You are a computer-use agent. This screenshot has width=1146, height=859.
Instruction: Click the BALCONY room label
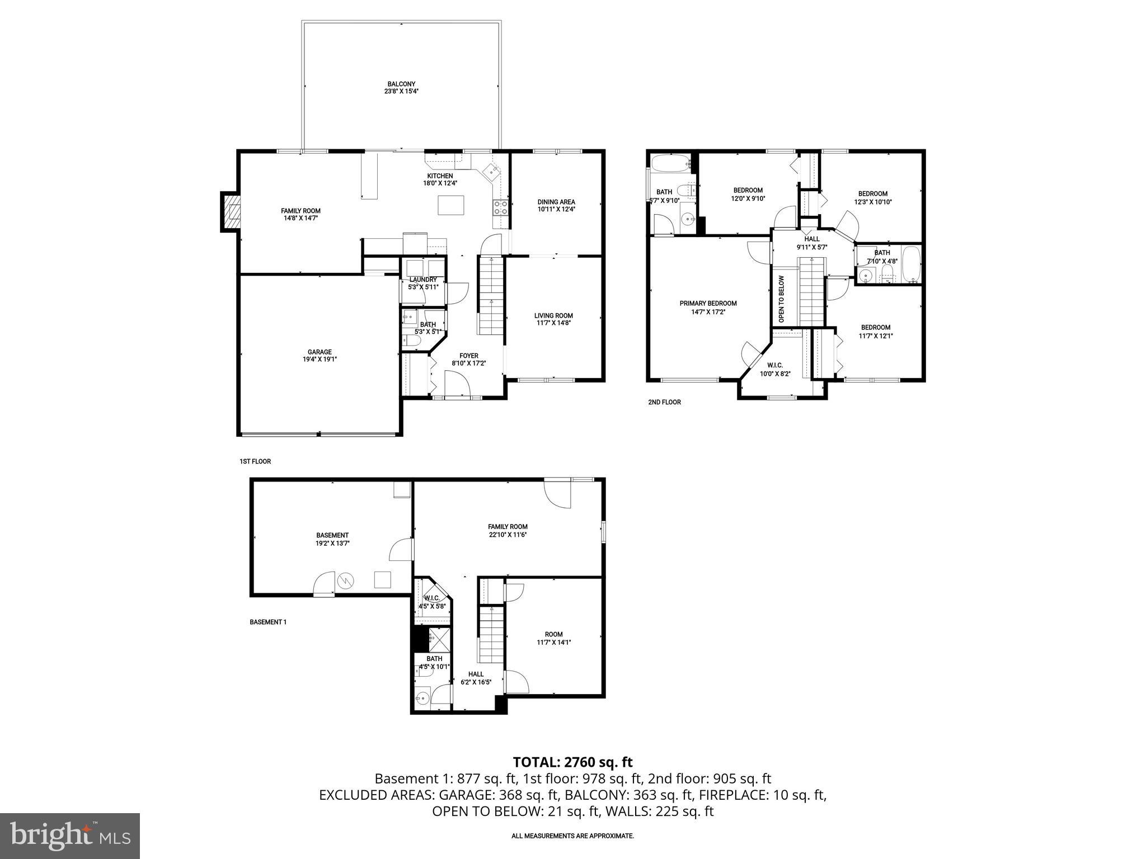(x=401, y=84)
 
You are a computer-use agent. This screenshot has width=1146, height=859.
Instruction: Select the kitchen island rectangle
(x=451, y=205)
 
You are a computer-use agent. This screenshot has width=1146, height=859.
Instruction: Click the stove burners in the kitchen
(x=500, y=208)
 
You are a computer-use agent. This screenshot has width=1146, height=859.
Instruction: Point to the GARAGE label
(x=320, y=352)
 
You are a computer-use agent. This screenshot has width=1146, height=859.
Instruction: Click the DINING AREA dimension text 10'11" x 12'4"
(x=556, y=209)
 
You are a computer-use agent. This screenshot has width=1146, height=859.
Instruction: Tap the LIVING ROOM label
(x=553, y=315)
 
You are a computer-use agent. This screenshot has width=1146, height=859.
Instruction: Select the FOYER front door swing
(x=457, y=385)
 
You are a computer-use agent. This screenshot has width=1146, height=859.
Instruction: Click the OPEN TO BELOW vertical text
(x=782, y=299)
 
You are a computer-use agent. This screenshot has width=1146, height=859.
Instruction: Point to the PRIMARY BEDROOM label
(x=708, y=303)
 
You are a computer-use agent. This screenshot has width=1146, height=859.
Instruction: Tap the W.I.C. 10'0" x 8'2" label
(x=775, y=370)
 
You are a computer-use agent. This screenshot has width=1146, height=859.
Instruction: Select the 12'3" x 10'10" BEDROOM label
(x=872, y=193)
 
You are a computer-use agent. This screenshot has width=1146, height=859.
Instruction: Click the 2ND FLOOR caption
(x=664, y=402)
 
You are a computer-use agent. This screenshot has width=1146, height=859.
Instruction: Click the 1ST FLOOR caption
(x=255, y=461)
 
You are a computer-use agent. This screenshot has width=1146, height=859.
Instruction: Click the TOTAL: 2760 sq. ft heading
(x=572, y=762)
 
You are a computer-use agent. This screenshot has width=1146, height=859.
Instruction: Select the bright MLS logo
(x=70, y=836)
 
